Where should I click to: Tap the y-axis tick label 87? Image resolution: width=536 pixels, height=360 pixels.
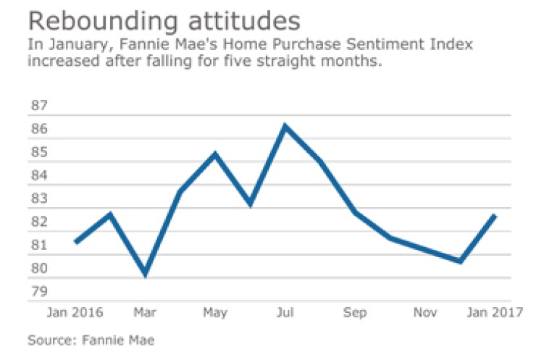38,106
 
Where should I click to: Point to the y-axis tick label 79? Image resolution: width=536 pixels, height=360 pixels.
38,292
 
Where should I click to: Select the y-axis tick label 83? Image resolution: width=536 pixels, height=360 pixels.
38,199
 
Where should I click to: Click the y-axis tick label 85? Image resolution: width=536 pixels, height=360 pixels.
38,153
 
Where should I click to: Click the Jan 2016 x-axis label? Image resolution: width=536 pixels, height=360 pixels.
75,313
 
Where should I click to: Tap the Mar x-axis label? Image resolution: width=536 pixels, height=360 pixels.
145,313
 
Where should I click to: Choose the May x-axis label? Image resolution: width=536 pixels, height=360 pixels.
214,313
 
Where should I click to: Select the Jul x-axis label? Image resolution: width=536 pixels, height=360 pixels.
285,313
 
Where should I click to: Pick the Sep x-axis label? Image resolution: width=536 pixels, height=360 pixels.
354,313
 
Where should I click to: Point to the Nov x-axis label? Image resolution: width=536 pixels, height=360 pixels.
424,313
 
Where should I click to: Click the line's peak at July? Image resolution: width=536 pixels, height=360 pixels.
285,126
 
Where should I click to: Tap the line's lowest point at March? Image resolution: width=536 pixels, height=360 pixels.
146,274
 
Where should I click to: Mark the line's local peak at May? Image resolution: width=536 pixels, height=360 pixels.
215,154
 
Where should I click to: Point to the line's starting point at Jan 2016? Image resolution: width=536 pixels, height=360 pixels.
76,242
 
